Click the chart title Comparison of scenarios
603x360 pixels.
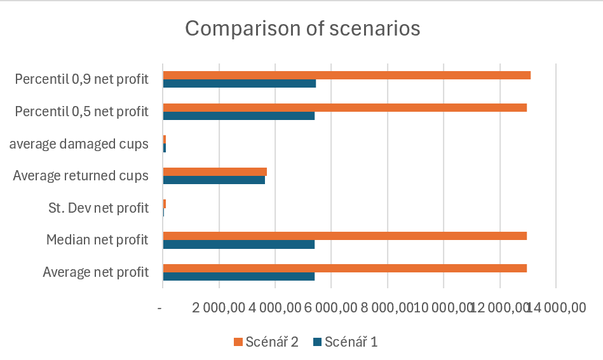click(x=302, y=29)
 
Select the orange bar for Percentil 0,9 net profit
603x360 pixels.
click(x=346, y=76)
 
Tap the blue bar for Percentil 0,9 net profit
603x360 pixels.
click(x=239, y=84)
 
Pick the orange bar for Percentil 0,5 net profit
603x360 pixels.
click(x=344, y=107)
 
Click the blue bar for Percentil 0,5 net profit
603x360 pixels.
click(x=238, y=116)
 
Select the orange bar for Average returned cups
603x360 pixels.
click(x=215, y=171)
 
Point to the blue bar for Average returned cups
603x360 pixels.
click(x=213, y=180)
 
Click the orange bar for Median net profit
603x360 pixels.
click(x=344, y=236)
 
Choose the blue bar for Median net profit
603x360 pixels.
click(x=238, y=244)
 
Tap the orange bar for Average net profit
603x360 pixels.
click(x=344, y=268)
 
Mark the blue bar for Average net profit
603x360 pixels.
click(x=238, y=276)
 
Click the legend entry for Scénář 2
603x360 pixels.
click(x=266, y=342)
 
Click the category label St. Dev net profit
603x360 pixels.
click(x=98, y=208)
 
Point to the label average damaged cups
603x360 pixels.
click(x=79, y=144)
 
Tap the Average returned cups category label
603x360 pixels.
click(x=81, y=176)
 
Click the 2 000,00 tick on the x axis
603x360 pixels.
click(x=219, y=307)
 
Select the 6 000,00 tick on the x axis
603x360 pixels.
click(x=331, y=307)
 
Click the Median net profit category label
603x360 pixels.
click(x=97, y=240)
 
